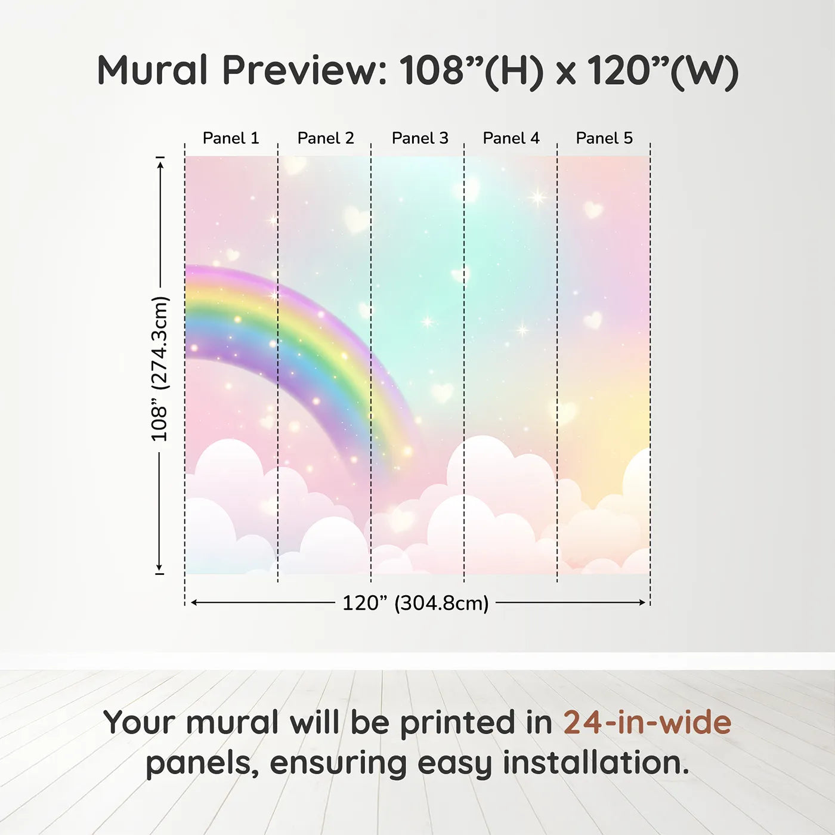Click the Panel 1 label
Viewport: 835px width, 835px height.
point(231,138)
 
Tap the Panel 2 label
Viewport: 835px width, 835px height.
point(326,138)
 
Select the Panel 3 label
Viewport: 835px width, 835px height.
point(420,138)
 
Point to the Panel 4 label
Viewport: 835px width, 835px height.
point(511,138)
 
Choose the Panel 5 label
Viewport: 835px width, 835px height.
point(604,138)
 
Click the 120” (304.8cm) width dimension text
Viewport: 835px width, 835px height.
point(416,603)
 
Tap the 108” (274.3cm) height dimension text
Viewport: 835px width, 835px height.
point(159,369)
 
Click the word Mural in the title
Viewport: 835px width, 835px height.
point(153,70)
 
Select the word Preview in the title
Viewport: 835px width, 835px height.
point(304,70)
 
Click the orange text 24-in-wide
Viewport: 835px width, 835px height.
point(647,722)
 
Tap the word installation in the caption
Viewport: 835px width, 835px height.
point(596,763)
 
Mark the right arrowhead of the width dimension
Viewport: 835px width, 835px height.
point(642,602)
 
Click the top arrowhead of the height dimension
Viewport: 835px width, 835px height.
point(160,165)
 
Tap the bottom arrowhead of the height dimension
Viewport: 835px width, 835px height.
point(159,566)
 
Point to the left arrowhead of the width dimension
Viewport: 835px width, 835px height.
point(194,602)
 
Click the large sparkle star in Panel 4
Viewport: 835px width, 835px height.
point(537,197)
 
